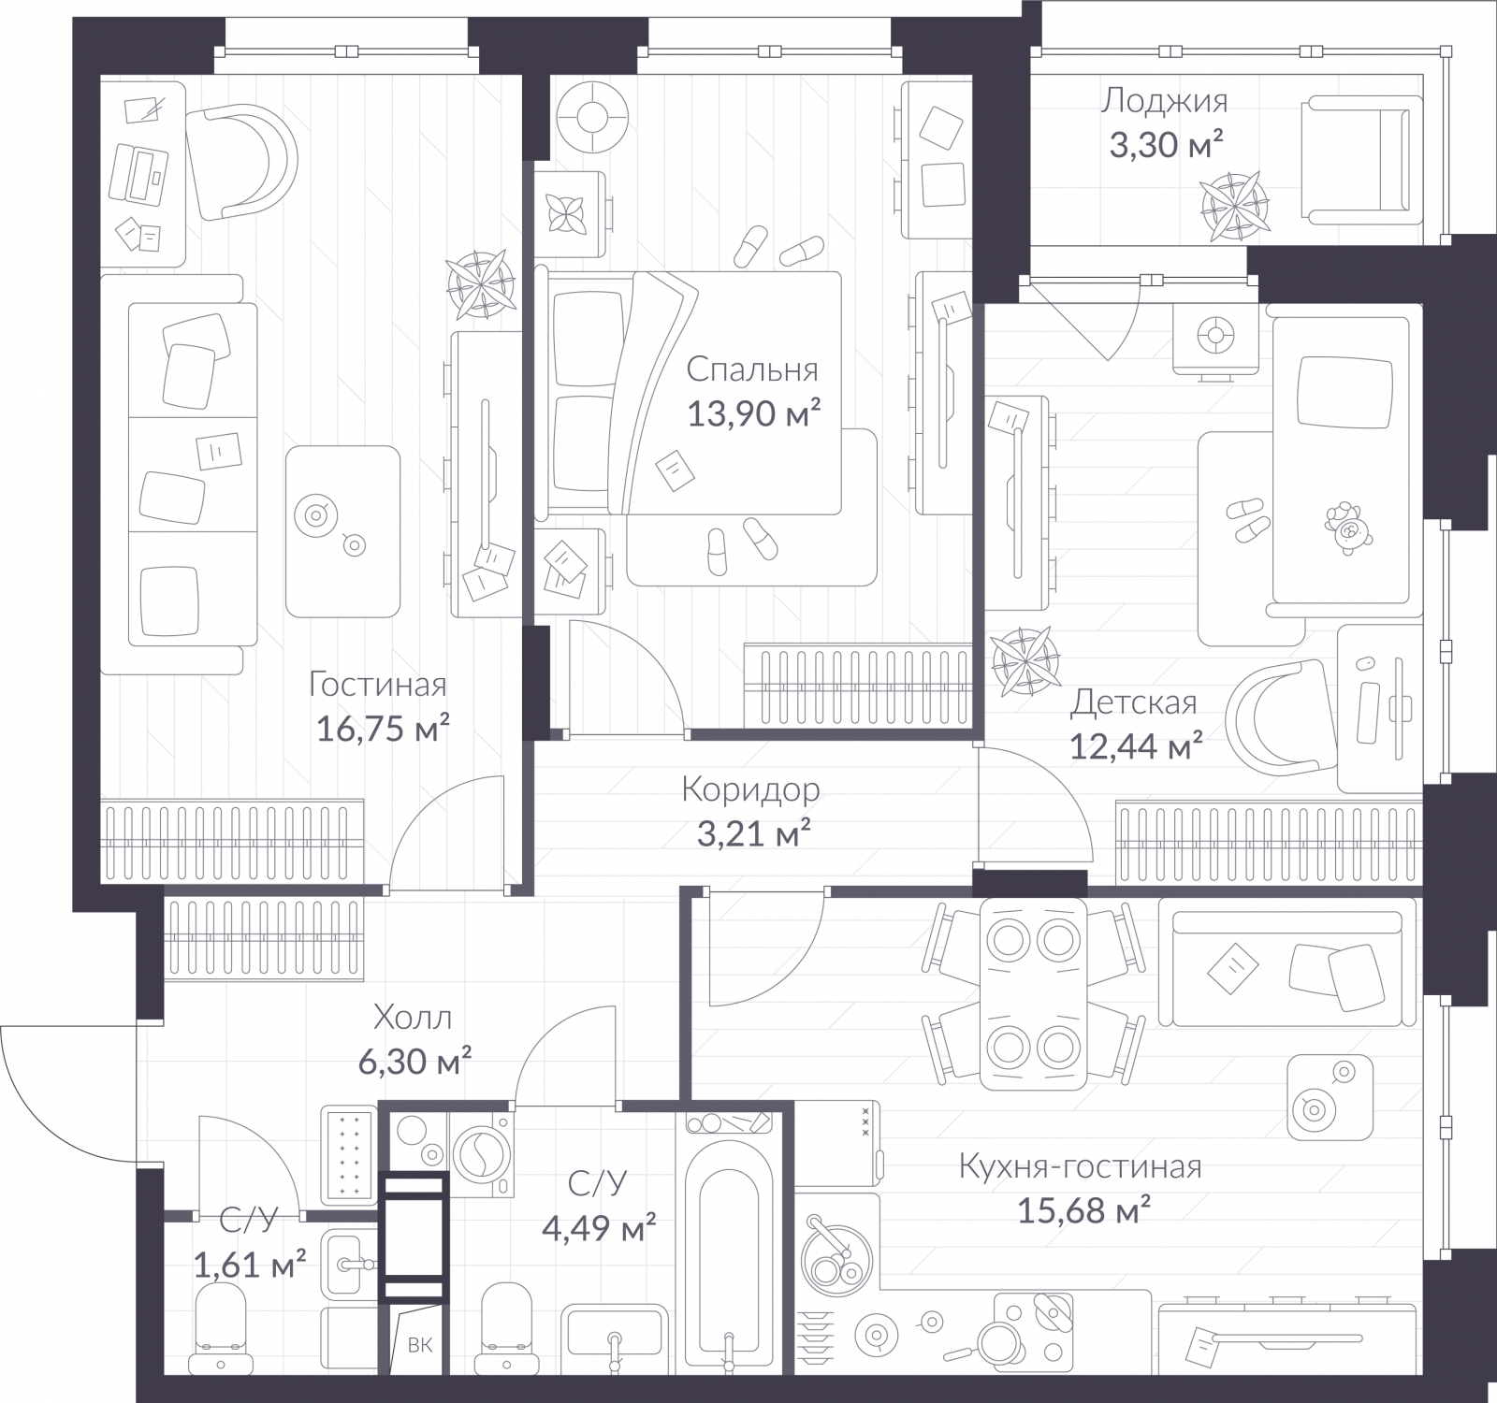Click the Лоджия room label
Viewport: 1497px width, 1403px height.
tap(1164, 100)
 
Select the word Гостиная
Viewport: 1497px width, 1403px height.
tap(378, 685)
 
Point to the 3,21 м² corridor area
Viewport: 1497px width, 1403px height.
tap(754, 832)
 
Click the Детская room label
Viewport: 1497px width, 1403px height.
tap(1134, 701)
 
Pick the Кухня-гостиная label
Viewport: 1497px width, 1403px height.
tap(1081, 1166)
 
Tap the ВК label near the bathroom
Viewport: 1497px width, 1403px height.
tap(420, 1345)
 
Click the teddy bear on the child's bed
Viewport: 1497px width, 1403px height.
tap(1348, 526)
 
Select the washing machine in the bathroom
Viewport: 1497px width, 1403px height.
tap(483, 1152)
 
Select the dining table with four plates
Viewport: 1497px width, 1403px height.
tap(1033, 994)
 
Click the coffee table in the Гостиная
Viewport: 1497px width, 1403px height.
tap(342, 531)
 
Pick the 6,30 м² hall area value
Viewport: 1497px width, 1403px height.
tap(414, 1061)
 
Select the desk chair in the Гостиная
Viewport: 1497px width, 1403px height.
tap(241, 162)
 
